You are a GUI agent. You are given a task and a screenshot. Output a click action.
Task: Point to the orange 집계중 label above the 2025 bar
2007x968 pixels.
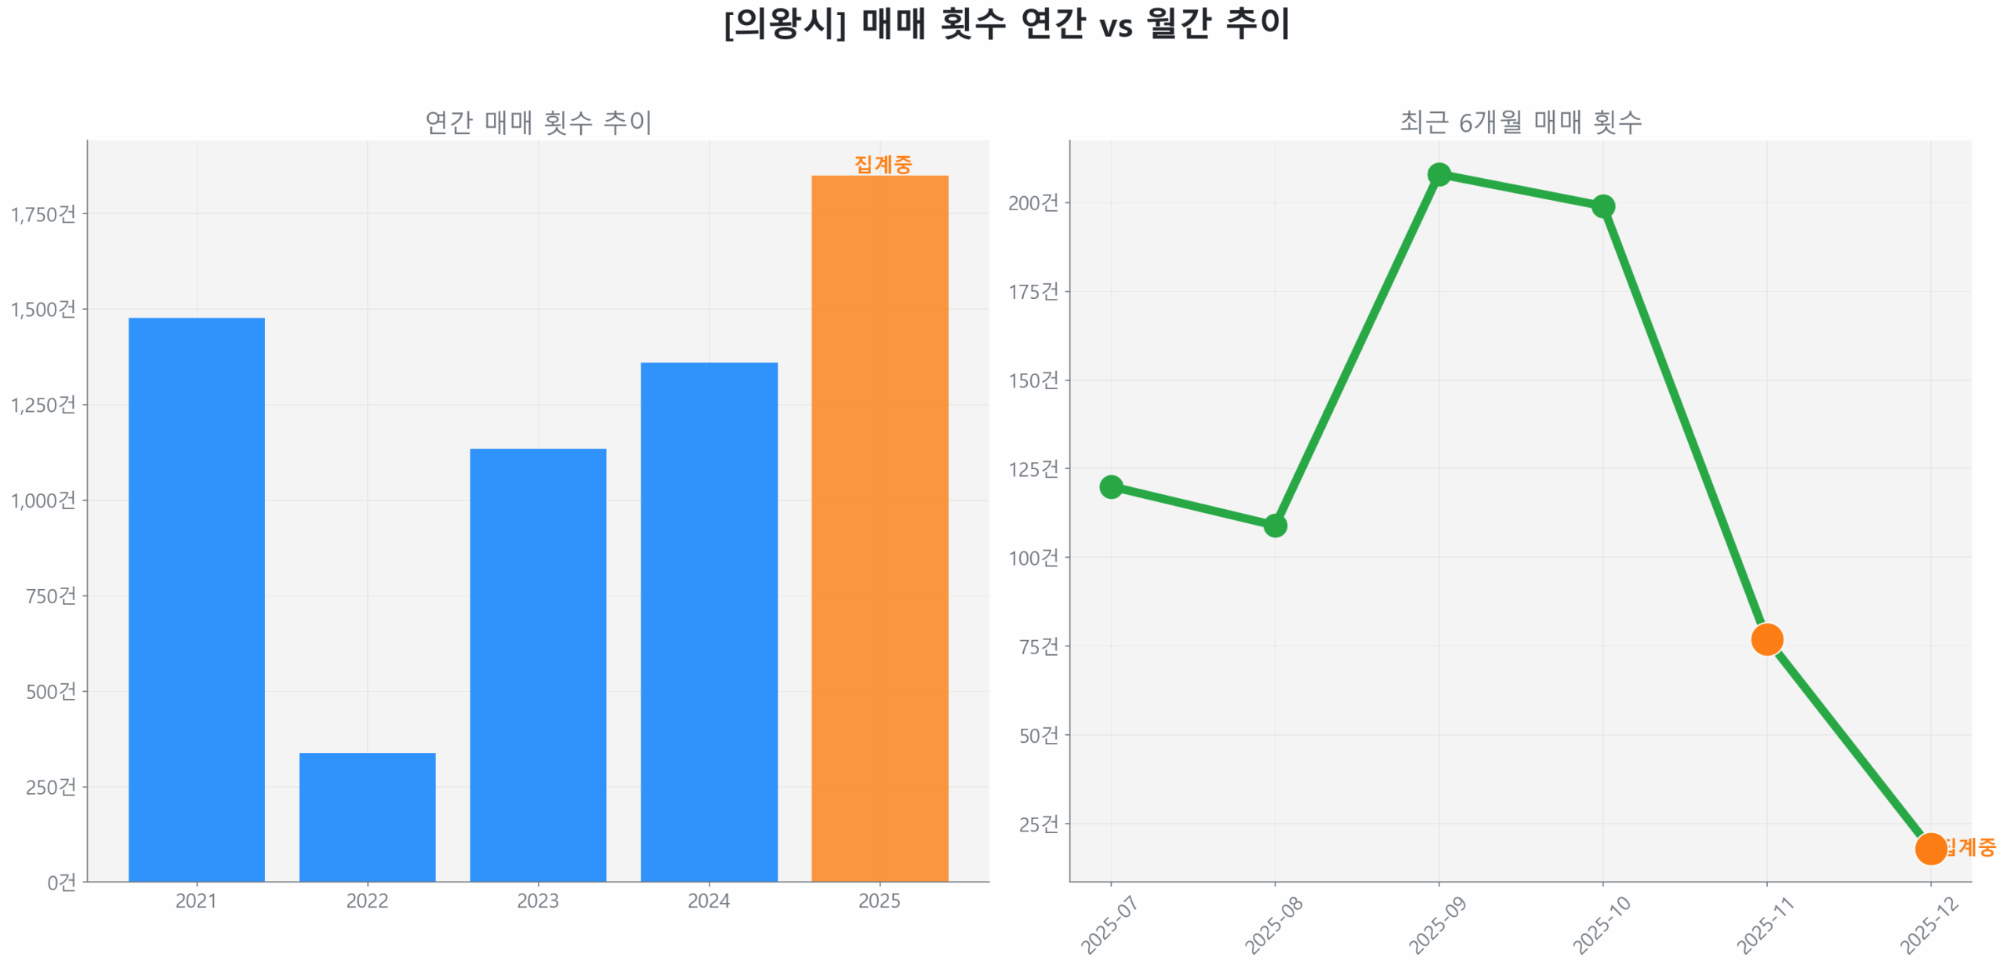click(883, 164)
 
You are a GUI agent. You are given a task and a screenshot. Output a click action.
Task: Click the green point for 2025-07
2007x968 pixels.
click(1110, 486)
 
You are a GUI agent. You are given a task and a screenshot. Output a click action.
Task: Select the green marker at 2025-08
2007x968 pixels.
click(1275, 525)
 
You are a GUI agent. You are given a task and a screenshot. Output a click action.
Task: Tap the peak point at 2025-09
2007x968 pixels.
click(1439, 174)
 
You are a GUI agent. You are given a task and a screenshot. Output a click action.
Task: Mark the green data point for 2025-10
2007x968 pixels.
click(1602, 206)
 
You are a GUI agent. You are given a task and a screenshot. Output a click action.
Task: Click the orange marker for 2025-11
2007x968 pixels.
click(1766, 639)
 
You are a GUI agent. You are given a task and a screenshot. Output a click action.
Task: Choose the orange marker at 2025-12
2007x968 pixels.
click(1929, 848)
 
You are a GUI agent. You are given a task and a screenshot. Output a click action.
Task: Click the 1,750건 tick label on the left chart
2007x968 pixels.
click(43, 214)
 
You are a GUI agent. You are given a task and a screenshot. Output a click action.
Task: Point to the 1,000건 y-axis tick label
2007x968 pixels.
click(43, 500)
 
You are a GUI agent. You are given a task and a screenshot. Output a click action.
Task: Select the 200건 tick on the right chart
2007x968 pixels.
click(1033, 203)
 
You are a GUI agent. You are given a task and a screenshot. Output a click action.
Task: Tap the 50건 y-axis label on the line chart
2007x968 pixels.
click(1038, 735)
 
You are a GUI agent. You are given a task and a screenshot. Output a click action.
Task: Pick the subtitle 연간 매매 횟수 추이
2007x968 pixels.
click(538, 122)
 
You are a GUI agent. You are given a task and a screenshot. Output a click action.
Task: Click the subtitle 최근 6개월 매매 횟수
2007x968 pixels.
click(1520, 122)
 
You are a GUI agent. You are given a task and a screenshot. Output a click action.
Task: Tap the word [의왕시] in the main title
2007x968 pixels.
click(784, 24)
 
